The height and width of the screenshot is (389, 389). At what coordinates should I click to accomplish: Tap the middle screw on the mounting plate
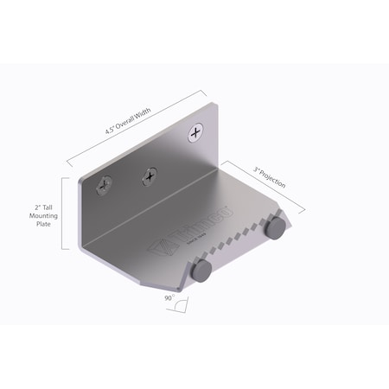pyautogui.click(x=150, y=175)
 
